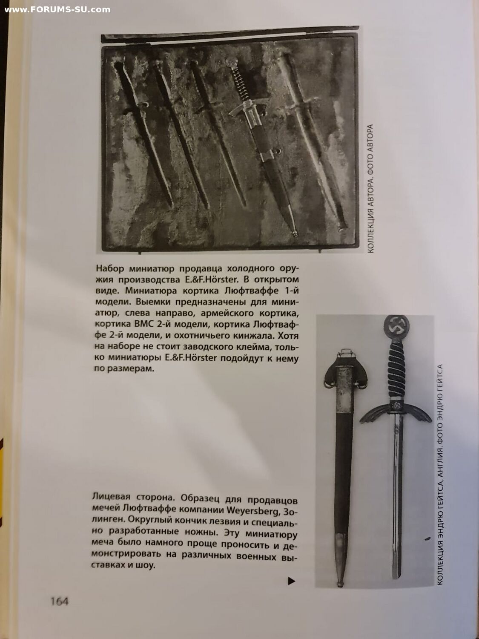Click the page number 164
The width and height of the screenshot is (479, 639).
(x=59, y=601)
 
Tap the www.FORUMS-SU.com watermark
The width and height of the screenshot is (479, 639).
(x=57, y=9)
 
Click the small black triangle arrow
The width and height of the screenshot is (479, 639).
(x=291, y=581)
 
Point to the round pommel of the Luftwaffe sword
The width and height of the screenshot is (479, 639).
(x=396, y=327)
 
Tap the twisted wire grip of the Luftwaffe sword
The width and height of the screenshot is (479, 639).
(x=396, y=371)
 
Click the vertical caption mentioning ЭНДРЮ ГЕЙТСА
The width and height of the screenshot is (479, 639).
(x=440, y=473)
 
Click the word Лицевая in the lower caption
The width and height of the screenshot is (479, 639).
(x=110, y=497)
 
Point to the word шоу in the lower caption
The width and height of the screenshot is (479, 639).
(x=145, y=566)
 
